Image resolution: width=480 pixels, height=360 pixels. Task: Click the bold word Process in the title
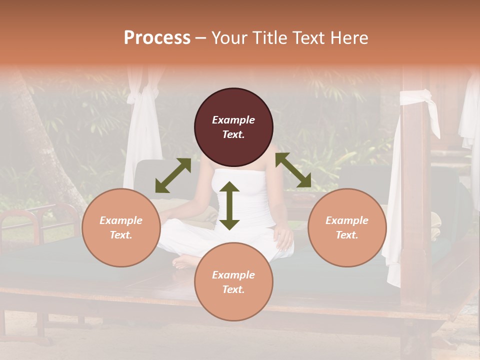coord(157,38)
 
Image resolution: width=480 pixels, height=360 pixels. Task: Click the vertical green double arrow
coord(229,205)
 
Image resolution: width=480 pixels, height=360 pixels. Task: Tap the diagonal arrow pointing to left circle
coord(173,175)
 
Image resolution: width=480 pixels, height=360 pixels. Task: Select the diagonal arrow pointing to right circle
coord(293,170)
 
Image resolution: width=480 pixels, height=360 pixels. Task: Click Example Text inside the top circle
coord(233,127)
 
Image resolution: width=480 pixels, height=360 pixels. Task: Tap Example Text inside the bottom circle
coord(233,282)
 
